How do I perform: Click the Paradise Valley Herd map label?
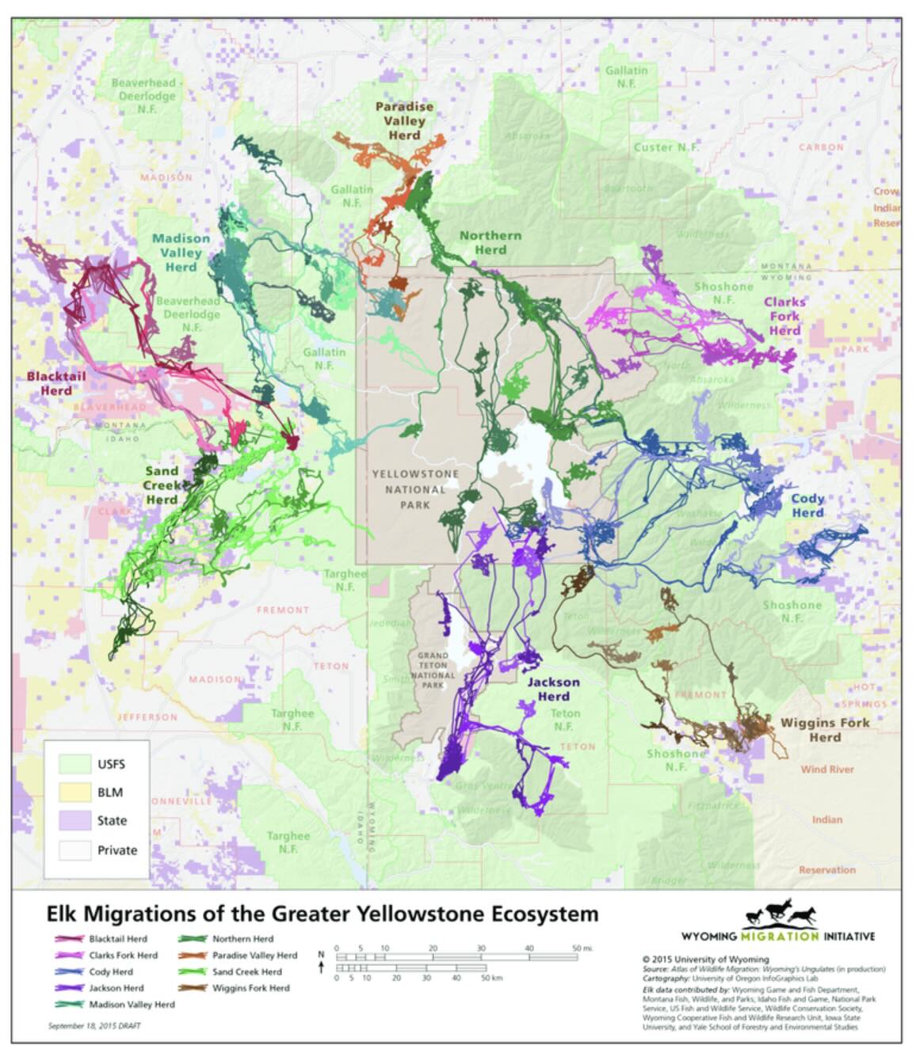coord(404,120)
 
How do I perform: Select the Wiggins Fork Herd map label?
coord(824,729)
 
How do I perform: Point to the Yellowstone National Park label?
coord(415,488)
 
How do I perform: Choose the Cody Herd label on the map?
coord(807,505)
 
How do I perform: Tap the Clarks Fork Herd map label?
coord(784,316)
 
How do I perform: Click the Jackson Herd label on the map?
coord(553,689)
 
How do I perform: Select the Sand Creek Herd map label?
coord(162,485)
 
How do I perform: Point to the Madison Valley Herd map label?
coord(181,253)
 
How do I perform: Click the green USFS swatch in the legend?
coord(74,764)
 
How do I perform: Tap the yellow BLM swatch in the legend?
coord(74,792)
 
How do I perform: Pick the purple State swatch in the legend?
coord(74,820)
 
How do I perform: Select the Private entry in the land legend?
coord(116,850)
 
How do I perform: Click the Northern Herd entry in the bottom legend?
coord(242,938)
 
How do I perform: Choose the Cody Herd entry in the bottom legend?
coord(111,971)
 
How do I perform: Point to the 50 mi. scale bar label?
coord(582,948)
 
